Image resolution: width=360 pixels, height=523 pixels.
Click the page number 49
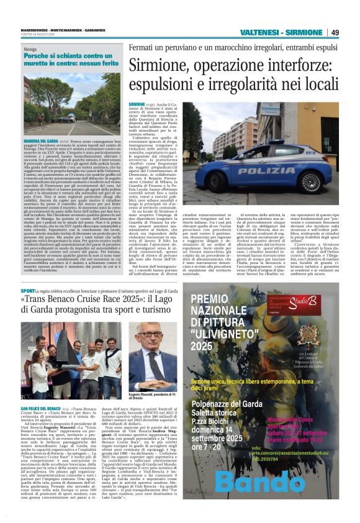[x=335, y=32]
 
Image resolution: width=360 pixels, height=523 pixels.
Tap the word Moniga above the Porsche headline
[x=30, y=48]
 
